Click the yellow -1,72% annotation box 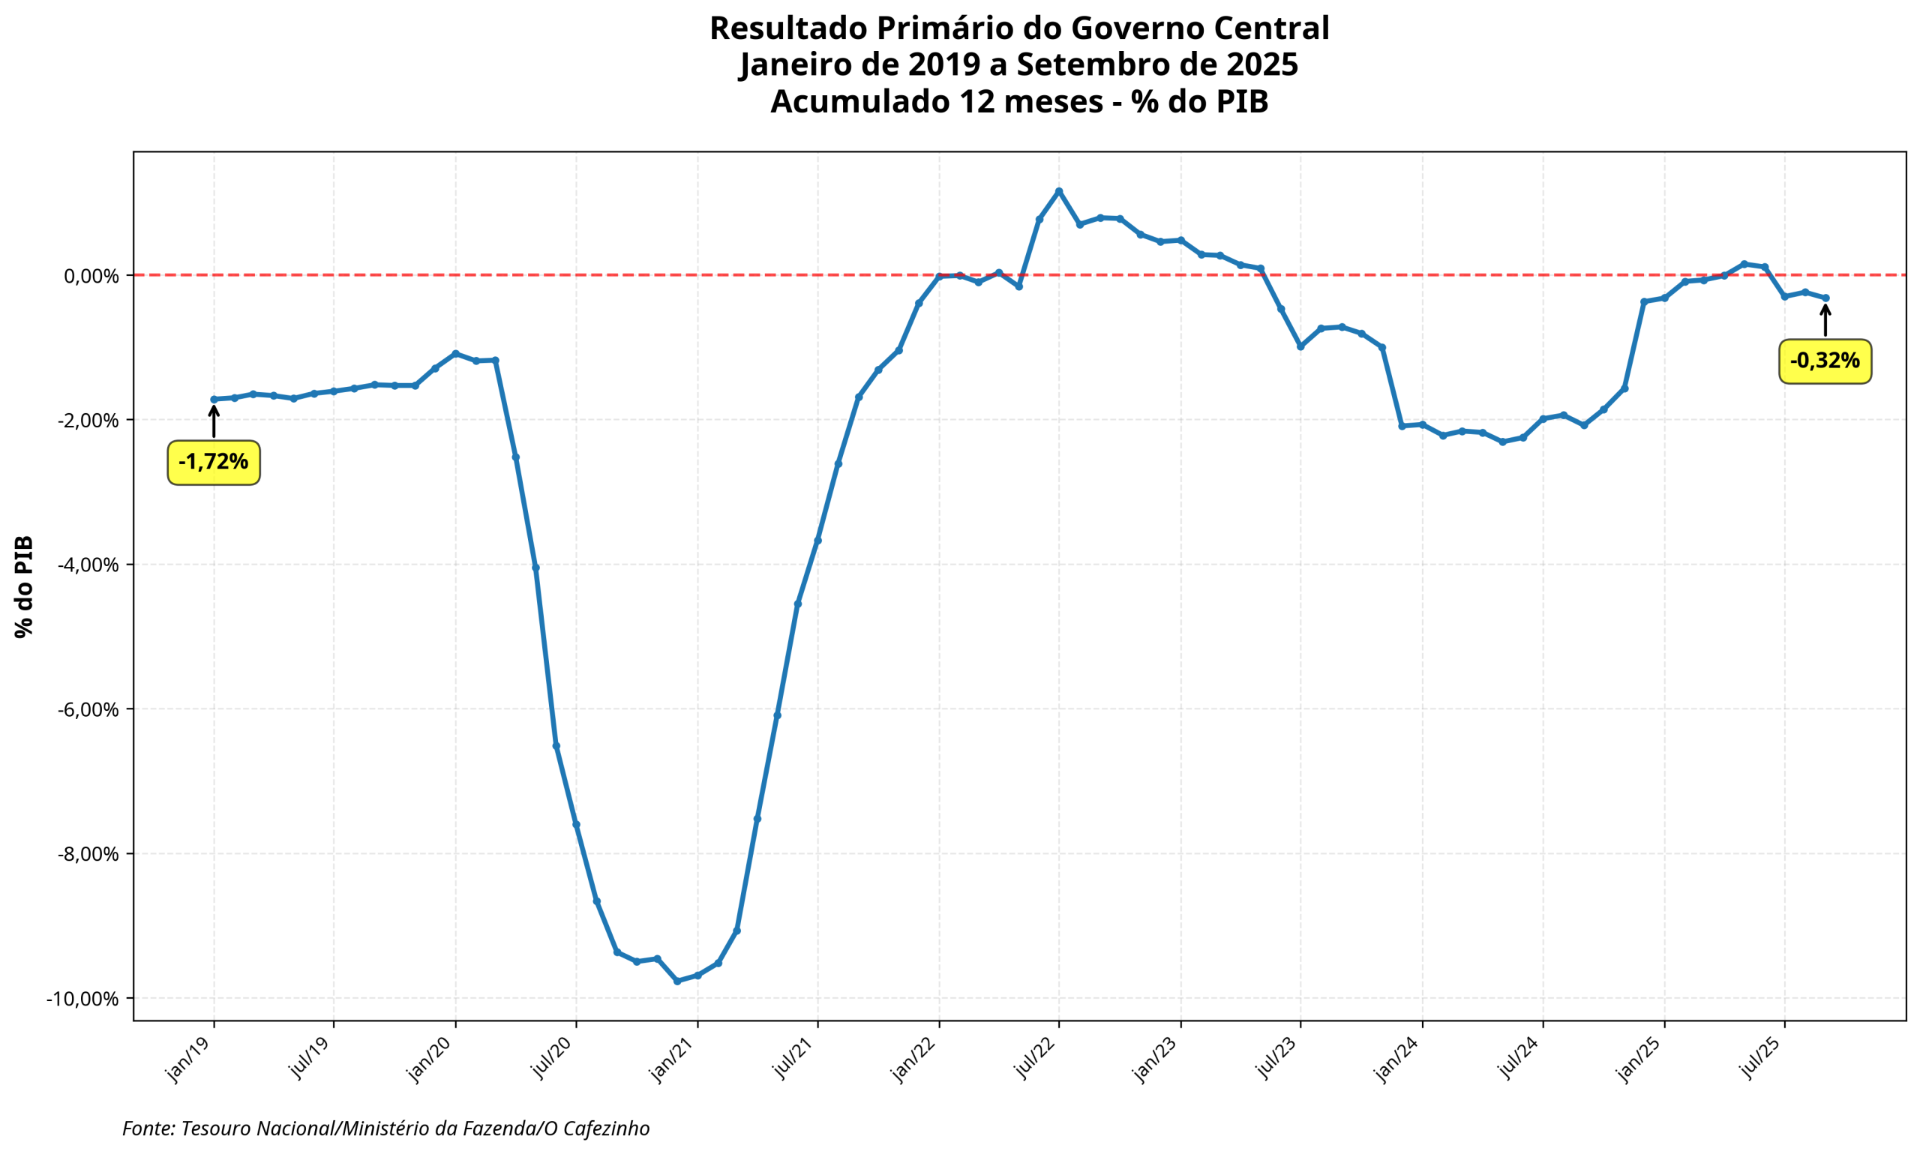[213, 463]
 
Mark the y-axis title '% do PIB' [24, 586]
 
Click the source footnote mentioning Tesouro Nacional [385, 1129]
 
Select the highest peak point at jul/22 [1058, 190]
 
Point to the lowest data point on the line [676, 982]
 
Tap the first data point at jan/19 [214, 400]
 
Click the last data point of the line [1825, 298]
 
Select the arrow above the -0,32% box [1825, 320]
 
